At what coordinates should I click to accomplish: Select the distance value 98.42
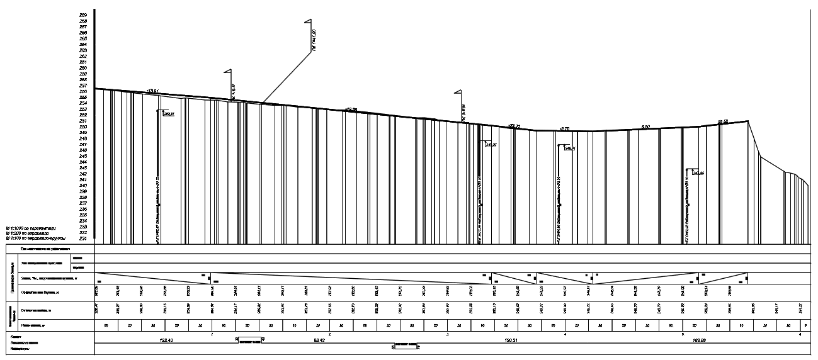point(318,340)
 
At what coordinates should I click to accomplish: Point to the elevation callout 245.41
point(570,149)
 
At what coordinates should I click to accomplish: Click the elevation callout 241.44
point(698,172)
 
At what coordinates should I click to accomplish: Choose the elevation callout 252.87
point(168,115)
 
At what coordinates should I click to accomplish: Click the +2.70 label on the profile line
point(564,128)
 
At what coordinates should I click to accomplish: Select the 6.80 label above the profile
point(645,128)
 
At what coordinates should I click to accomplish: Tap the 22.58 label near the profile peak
point(723,121)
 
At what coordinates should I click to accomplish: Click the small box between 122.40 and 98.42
point(249,340)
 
